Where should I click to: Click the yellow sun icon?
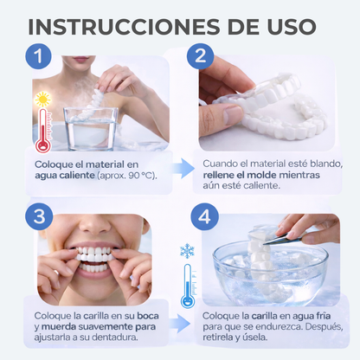coord(42,100)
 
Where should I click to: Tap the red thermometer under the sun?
coord(42,130)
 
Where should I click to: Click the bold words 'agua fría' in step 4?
coord(292,318)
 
